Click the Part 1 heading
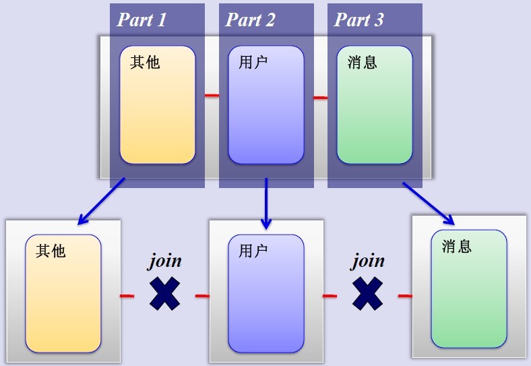tap(142, 20)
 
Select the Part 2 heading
tap(250, 20)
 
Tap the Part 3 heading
tap(358, 20)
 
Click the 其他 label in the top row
tap(145, 63)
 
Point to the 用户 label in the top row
tap(253, 63)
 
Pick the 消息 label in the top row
tap(362, 63)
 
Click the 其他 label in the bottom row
tap(51, 251)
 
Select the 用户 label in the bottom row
tap(253, 251)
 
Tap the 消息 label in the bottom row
tap(456, 246)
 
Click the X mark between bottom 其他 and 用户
tap(164, 294)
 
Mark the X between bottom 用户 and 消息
tap(368, 294)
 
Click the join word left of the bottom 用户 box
tap(165, 261)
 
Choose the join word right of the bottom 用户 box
tap(368, 261)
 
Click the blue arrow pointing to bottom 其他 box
tap(101, 201)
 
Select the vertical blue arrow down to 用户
tap(266, 202)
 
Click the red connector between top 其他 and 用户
tap(212, 96)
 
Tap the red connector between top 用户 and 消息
tap(321, 98)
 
